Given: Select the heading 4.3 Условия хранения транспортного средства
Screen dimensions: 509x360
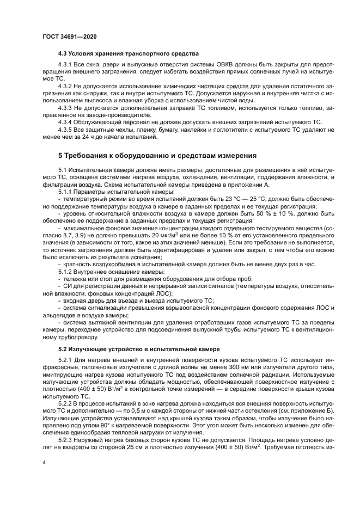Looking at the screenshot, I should [128, 54].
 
